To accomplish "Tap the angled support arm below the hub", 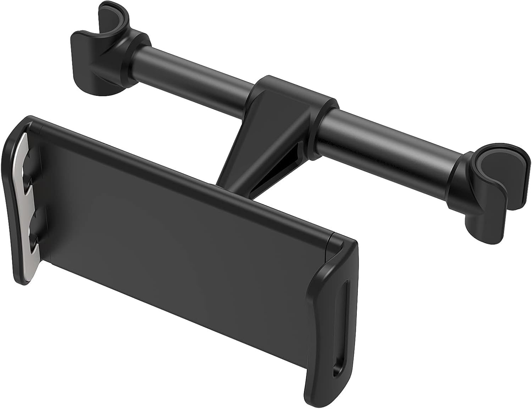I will [248, 149].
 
